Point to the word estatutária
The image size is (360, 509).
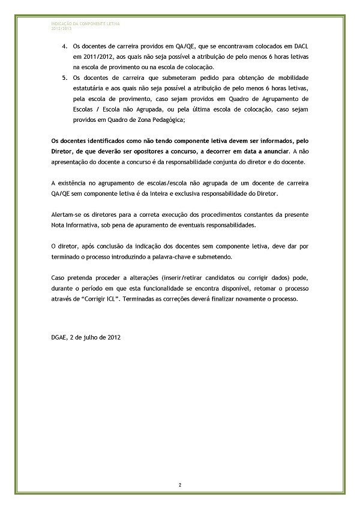coord(89,89)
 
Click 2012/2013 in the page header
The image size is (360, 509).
coord(61,27)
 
